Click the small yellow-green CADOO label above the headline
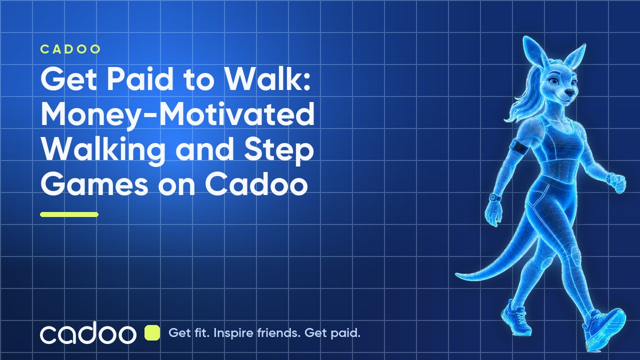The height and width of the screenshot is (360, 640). [70, 49]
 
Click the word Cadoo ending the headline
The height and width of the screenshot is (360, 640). [256, 184]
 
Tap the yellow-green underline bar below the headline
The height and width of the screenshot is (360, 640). [69, 214]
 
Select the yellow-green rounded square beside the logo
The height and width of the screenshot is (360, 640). [152, 333]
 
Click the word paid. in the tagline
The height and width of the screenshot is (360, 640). [345, 333]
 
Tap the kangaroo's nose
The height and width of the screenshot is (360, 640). [570, 92]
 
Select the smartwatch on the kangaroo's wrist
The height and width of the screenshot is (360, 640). [495, 197]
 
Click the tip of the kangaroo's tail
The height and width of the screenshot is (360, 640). [456, 275]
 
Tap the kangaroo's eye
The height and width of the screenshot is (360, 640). [554, 81]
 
